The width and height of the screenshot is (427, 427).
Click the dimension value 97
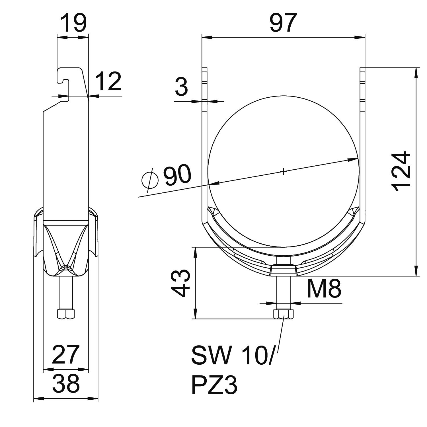click(283, 23)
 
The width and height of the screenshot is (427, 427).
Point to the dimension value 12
click(108, 81)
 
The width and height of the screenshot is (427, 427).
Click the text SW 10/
click(232, 356)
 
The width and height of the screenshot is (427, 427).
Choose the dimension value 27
click(65, 355)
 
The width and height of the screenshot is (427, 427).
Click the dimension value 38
click(66, 383)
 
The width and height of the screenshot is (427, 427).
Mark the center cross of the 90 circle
click(283, 171)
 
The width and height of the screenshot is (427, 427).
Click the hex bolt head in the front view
click(283, 314)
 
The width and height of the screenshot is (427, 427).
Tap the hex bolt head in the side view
click(66, 314)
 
